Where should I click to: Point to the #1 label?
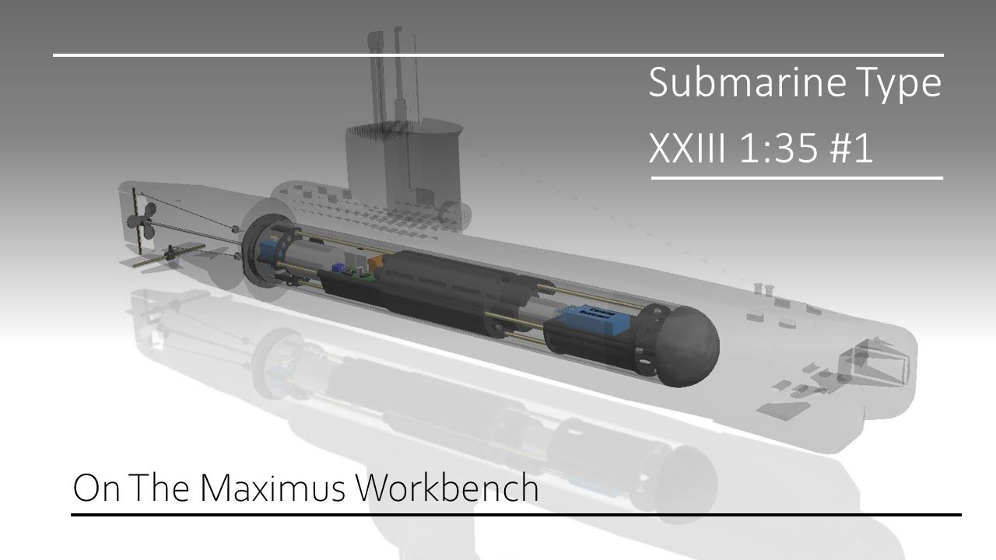pyautogui.click(x=851, y=147)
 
